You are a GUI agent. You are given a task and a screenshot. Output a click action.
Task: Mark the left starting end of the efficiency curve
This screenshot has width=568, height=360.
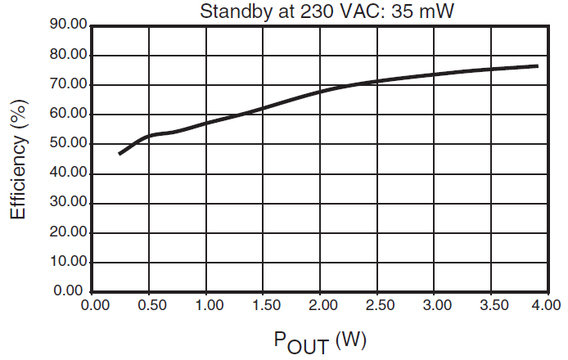pos(119,154)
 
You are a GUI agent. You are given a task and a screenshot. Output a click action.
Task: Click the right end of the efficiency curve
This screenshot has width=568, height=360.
pos(537,65)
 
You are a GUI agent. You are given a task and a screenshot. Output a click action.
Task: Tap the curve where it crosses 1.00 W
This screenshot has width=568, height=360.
pos(206,123)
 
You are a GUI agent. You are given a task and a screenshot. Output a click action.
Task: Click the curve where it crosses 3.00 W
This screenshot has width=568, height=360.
pos(437,74)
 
